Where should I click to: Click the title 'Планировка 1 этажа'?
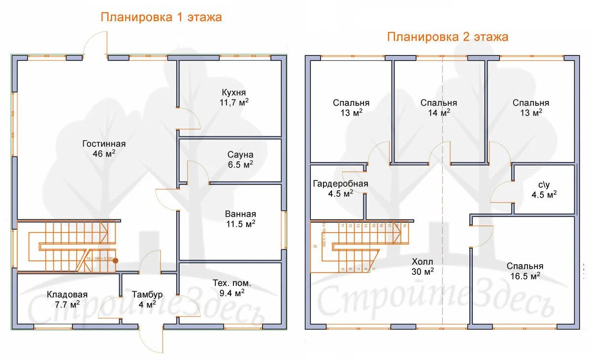[161, 17]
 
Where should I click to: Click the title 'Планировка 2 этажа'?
[447, 37]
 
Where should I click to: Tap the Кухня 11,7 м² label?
[233, 97]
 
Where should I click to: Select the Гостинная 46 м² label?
[104, 149]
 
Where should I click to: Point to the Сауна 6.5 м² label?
[240, 159]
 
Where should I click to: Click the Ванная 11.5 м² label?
[240, 219]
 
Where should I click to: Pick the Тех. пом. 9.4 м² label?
[231, 288]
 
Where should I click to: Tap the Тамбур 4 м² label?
[147, 299]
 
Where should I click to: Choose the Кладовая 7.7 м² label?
[67, 299]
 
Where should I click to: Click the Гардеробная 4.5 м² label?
[340, 188]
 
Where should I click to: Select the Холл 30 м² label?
[423, 266]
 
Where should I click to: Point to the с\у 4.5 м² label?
[544, 189]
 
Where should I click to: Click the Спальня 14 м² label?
[438, 108]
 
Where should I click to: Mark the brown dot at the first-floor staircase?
[115, 261]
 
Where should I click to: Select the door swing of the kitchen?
[189, 118]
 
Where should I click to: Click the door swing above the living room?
[96, 43]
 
